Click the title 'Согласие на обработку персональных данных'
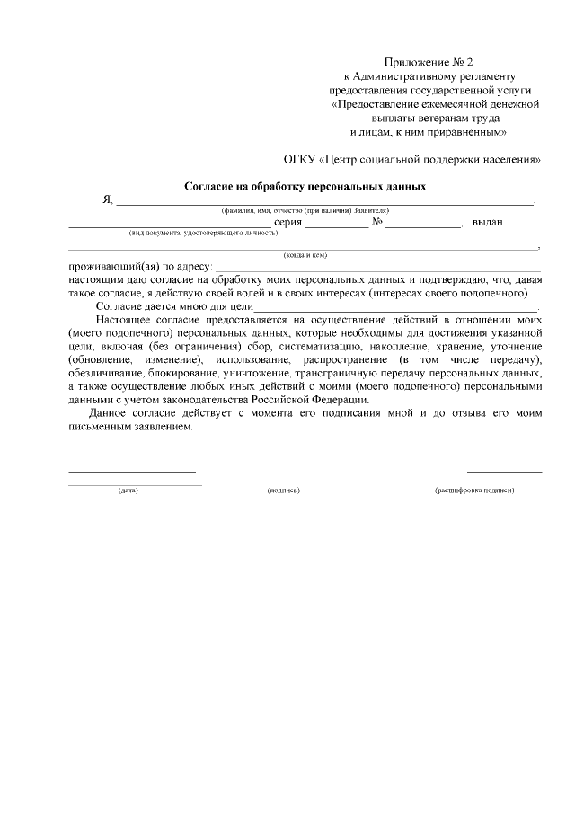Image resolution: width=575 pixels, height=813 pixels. [x=305, y=187]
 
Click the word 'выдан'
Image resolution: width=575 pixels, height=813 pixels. [x=487, y=222]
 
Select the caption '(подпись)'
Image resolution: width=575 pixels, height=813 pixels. [x=283, y=490]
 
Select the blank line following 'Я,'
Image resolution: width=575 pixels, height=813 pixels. [x=324, y=202]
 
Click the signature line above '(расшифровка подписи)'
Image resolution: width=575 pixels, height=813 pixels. [x=504, y=471]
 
